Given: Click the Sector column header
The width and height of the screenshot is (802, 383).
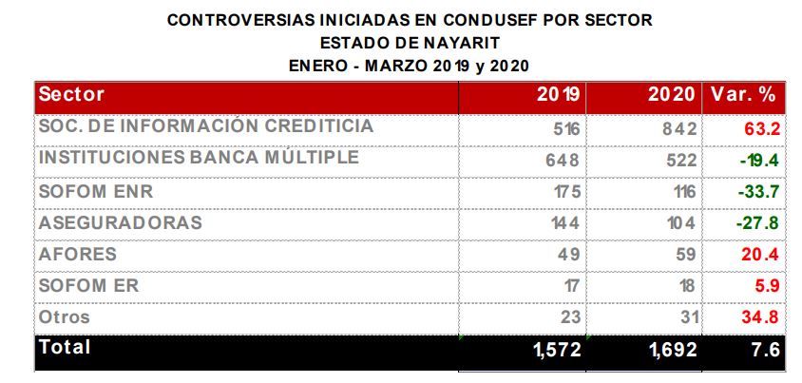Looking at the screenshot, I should click(71, 95).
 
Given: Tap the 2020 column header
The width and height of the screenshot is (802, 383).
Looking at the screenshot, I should click(672, 96).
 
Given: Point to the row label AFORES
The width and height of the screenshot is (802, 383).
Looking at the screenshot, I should click(77, 255).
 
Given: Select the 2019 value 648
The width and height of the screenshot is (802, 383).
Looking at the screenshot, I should click(562, 160).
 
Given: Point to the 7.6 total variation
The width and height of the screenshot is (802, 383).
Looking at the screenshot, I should click(765, 351).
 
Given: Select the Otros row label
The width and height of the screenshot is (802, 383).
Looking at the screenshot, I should click(63, 317).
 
